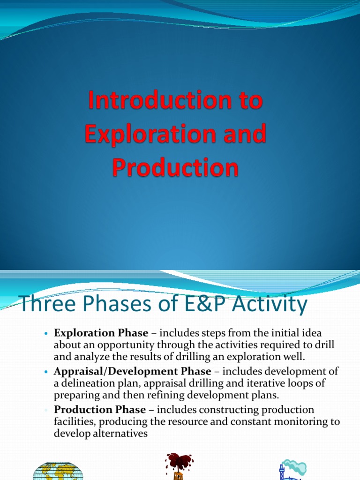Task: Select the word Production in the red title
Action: click(x=175, y=167)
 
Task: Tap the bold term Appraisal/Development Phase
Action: click(x=133, y=371)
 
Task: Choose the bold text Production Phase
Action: click(x=100, y=410)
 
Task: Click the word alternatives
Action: click(x=120, y=433)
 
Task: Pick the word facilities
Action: click(x=74, y=421)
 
